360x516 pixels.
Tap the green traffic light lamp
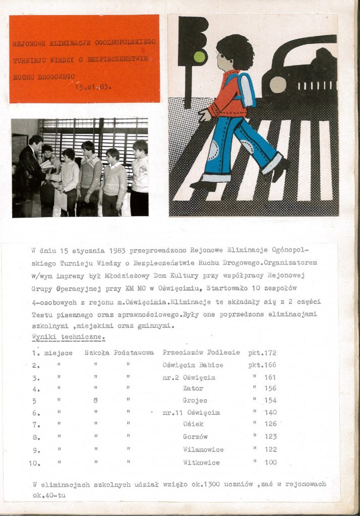(200, 56)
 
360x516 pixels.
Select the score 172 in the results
(270, 353)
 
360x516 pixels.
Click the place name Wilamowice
(203, 449)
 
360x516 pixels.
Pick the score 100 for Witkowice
(271, 462)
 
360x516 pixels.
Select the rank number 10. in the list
(37, 462)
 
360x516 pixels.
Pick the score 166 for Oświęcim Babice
(270, 365)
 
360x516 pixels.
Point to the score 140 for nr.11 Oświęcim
(271, 413)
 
